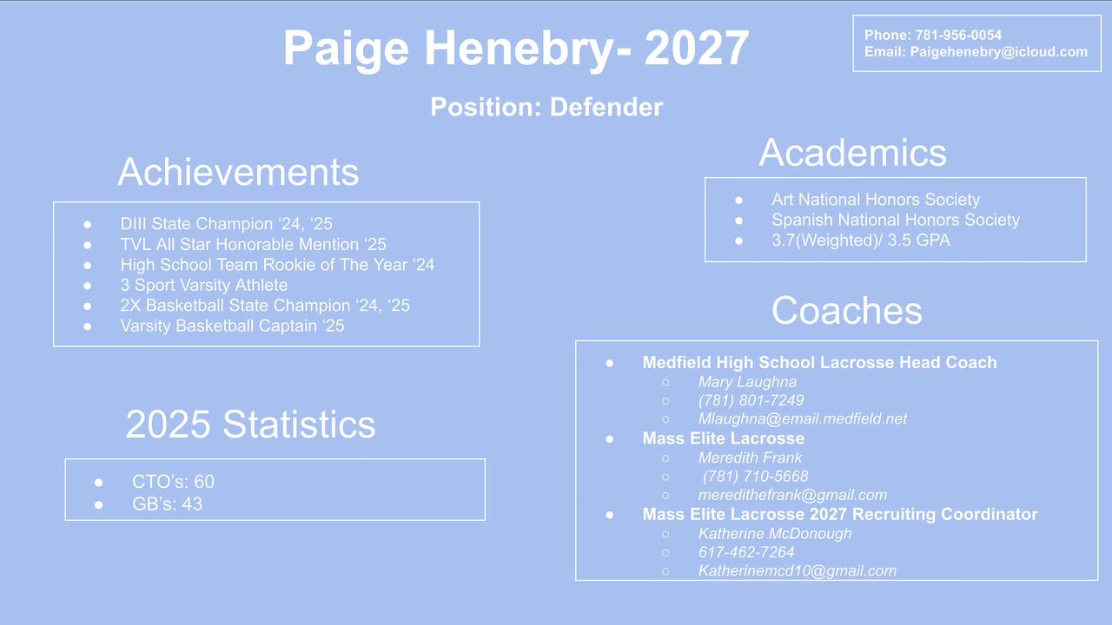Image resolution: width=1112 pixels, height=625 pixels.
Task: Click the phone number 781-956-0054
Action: [958, 36]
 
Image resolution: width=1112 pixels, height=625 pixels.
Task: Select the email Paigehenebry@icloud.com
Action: [998, 52]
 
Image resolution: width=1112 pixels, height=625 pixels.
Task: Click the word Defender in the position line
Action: [606, 107]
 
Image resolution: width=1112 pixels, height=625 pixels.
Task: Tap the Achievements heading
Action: [238, 172]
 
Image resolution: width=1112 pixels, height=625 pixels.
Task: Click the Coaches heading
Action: [847, 311]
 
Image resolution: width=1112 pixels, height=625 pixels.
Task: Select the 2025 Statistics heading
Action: [251, 424]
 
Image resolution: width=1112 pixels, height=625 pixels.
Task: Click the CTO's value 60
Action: [204, 482]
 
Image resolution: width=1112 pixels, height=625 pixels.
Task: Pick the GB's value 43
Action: [192, 504]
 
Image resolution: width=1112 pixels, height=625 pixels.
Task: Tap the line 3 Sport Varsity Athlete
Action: [204, 286]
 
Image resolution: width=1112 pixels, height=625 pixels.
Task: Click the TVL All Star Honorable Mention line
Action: [253, 245]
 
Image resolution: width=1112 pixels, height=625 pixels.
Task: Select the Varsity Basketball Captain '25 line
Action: [232, 326]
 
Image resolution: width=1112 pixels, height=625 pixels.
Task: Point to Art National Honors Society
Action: [876, 200]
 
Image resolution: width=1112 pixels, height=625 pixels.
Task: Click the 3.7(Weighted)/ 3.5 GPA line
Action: [861, 240]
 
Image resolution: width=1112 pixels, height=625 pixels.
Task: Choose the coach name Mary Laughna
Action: [747, 382]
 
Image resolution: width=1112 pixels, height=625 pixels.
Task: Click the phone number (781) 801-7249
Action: [751, 400]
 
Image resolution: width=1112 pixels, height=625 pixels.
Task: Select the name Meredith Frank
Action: [750, 457]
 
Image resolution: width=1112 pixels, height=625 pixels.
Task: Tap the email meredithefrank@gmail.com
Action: [793, 495]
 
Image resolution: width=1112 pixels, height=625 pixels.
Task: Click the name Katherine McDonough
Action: [775, 534]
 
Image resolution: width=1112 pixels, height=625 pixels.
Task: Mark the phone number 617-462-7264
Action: [746, 552]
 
